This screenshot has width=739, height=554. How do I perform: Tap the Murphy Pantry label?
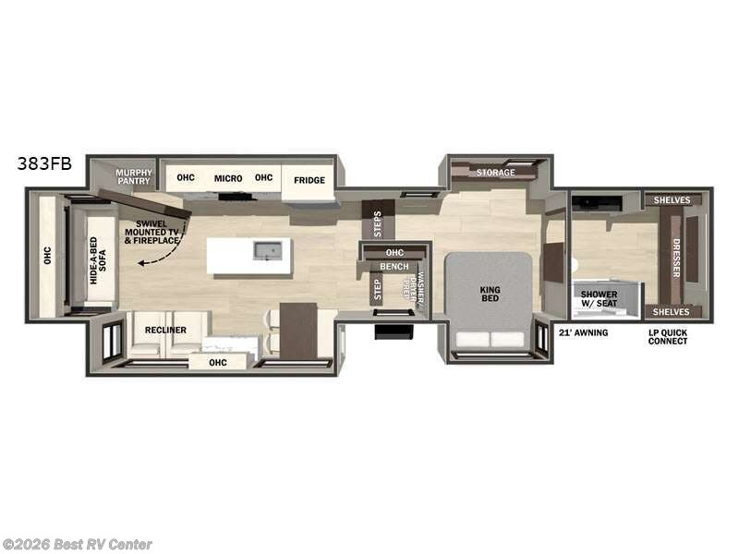(133, 175)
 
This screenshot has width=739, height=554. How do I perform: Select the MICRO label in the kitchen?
(228, 177)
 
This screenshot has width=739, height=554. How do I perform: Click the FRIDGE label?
(309, 180)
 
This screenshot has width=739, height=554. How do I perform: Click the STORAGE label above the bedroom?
(495, 173)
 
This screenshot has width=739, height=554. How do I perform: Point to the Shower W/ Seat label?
(599, 301)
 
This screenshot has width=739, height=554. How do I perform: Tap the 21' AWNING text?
(584, 332)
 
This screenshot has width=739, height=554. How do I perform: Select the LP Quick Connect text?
(668, 336)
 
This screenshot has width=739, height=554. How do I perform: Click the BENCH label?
(394, 267)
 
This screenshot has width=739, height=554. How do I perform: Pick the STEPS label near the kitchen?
(377, 223)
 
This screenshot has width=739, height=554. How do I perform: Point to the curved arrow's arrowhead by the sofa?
(140, 263)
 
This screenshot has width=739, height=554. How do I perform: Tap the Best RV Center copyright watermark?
(78, 545)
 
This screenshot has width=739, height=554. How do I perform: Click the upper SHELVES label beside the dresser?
(672, 200)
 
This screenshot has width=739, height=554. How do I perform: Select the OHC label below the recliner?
(218, 362)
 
